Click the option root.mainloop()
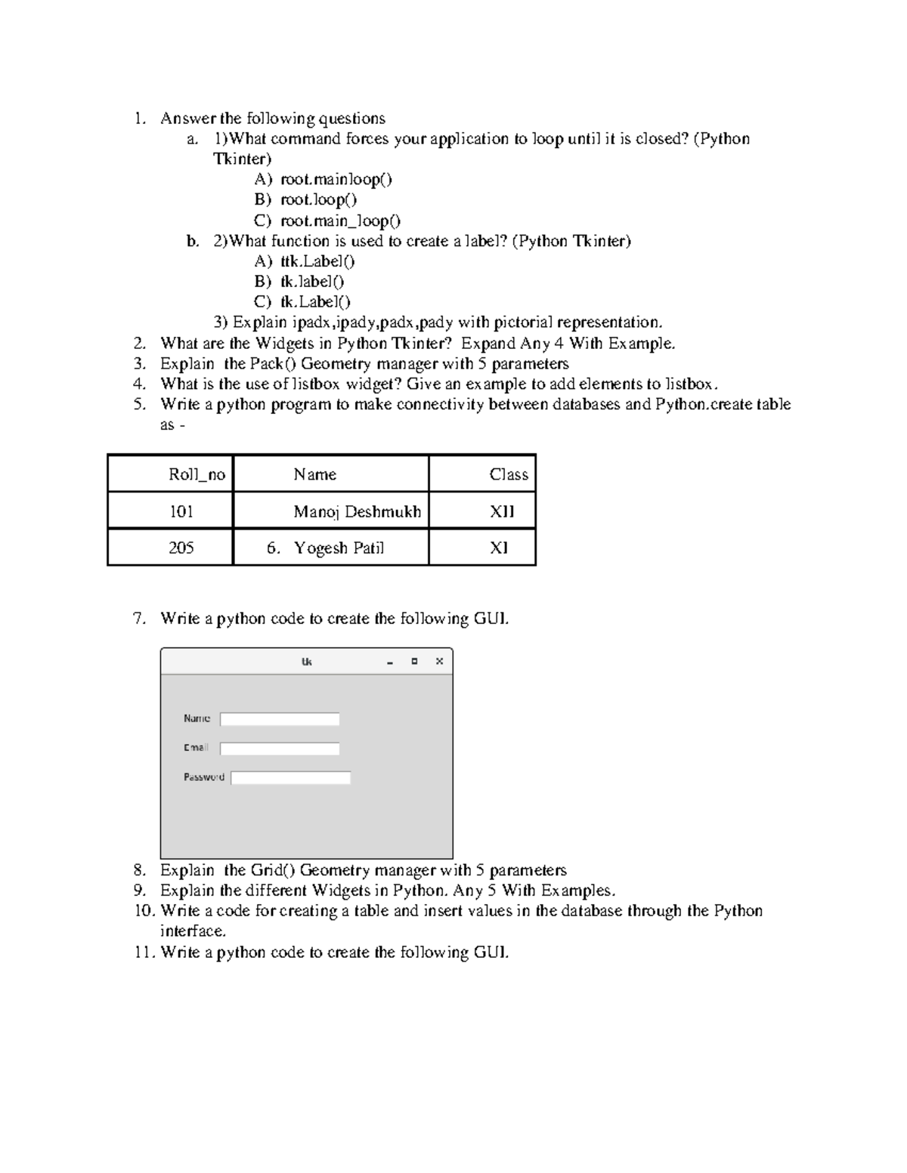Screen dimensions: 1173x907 (x=336, y=180)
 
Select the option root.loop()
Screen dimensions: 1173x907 (x=318, y=200)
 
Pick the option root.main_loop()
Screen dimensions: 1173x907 (x=340, y=221)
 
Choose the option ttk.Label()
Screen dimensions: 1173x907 (x=317, y=261)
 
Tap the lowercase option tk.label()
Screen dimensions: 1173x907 (x=312, y=282)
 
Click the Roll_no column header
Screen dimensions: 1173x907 (x=197, y=474)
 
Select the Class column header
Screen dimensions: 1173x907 (x=508, y=474)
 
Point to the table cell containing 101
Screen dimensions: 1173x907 (x=181, y=511)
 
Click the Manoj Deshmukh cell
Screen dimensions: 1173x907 (x=357, y=511)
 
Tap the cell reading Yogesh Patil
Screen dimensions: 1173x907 (x=339, y=548)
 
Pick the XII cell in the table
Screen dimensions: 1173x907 (x=501, y=511)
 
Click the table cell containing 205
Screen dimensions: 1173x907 (x=181, y=548)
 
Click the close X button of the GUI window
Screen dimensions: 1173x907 (x=439, y=662)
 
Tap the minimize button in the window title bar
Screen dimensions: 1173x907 (x=390, y=662)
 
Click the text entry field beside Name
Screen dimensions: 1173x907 (x=280, y=719)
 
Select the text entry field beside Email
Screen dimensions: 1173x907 (x=280, y=749)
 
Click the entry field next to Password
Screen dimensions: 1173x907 (x=290, y=777)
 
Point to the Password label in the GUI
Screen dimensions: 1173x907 (x=203, y=776)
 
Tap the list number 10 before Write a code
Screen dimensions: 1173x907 (x=144, y=911)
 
